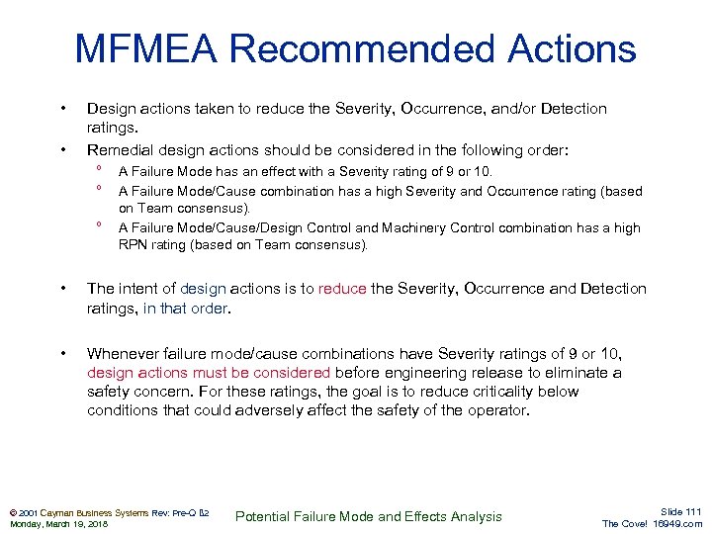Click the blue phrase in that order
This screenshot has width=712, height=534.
click(186, 308)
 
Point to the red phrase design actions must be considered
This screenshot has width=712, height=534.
click(209, 373)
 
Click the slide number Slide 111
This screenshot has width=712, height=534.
click(679, 510)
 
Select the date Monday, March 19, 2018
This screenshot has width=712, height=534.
click(58, 524)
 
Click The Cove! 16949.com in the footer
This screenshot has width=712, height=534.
click(652, 524)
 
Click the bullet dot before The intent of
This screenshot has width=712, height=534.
click(62, 289)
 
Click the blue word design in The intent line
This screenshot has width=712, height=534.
click(204, 289)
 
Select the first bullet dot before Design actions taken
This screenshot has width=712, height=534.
click(62, 108)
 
